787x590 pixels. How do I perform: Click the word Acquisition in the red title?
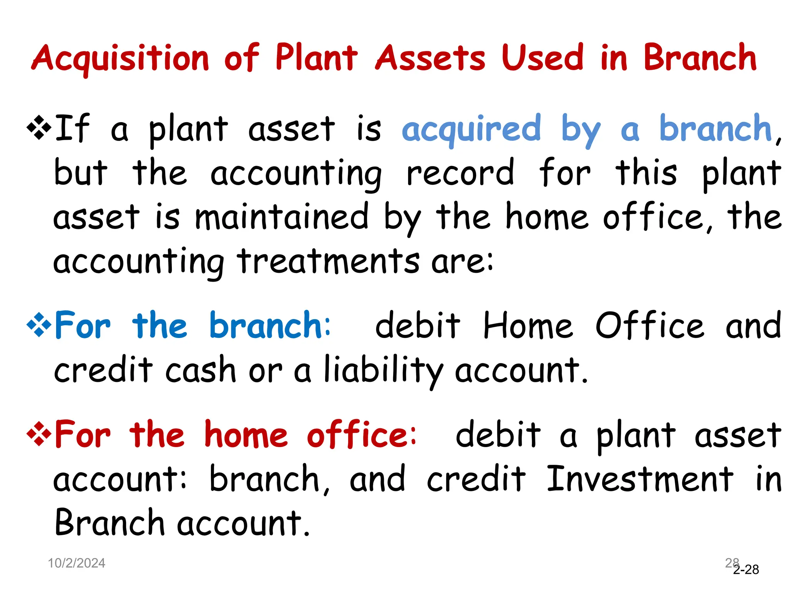pyautogui.click(x=120, y=58)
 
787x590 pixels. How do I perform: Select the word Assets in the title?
pyautogui.click(x=430, y=58)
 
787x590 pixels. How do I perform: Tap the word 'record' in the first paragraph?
pyautogui.click(x=460, y=172)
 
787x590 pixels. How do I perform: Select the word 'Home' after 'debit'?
pyautogui.click(x=528, y=325)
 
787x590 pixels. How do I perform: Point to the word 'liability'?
pyautogui.click(x=383, y=370)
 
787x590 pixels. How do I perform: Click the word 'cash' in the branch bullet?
pyautogui.click(x=201, y=370)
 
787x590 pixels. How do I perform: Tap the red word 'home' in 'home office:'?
pyautogui.click(x=246, y=434)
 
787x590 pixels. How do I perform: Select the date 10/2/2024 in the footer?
pyautogui.click(x=76, y=563)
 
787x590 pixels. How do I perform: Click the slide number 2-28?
pyautogui.click(x=746, y=569)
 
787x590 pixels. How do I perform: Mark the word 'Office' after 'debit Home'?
pyautogui.click(x=650, y=325)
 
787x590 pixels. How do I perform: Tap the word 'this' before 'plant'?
pyautogui.click(x=646, y=172)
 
